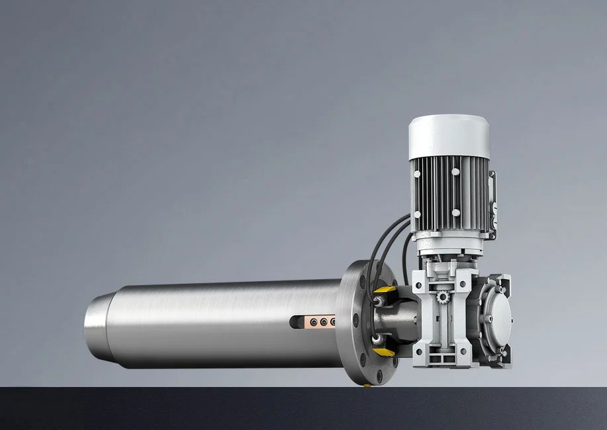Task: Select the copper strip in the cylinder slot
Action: click(x=320, y=322)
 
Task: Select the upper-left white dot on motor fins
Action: click(x=418, y=173)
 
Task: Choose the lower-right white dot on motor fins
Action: click(x=455, y=212)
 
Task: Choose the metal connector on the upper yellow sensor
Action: click(x=377, y=300)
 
